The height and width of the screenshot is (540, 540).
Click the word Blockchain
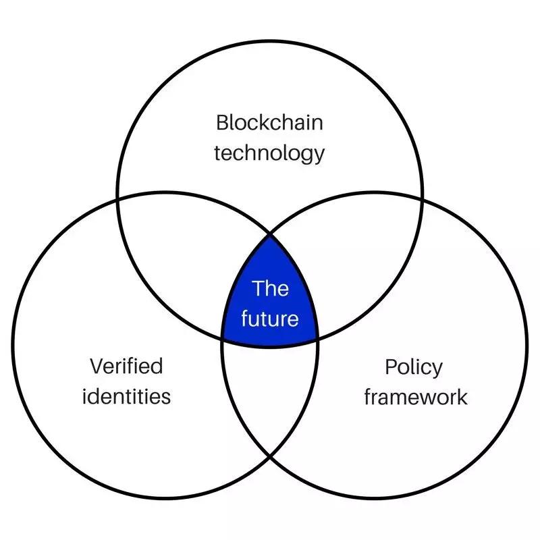[x=269, y=123]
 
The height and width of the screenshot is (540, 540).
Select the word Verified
[x=126, y=367]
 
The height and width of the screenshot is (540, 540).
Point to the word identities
[x=126, y=396]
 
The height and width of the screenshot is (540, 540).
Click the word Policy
[x=414, y=368]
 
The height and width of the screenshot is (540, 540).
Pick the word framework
[x=415, y=397]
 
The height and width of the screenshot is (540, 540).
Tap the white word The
[x=270, y=289]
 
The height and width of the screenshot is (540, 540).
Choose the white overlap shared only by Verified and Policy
[x=270, y=398]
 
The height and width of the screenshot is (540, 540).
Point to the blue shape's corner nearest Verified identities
[x=223, y=335]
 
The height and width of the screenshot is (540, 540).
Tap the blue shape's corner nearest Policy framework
[x=317, y=335]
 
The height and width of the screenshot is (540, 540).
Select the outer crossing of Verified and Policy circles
[x=270, y=457]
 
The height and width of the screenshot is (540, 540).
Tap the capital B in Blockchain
[x=222, y=123]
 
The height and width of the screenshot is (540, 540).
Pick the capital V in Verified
[x=96, y=367]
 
